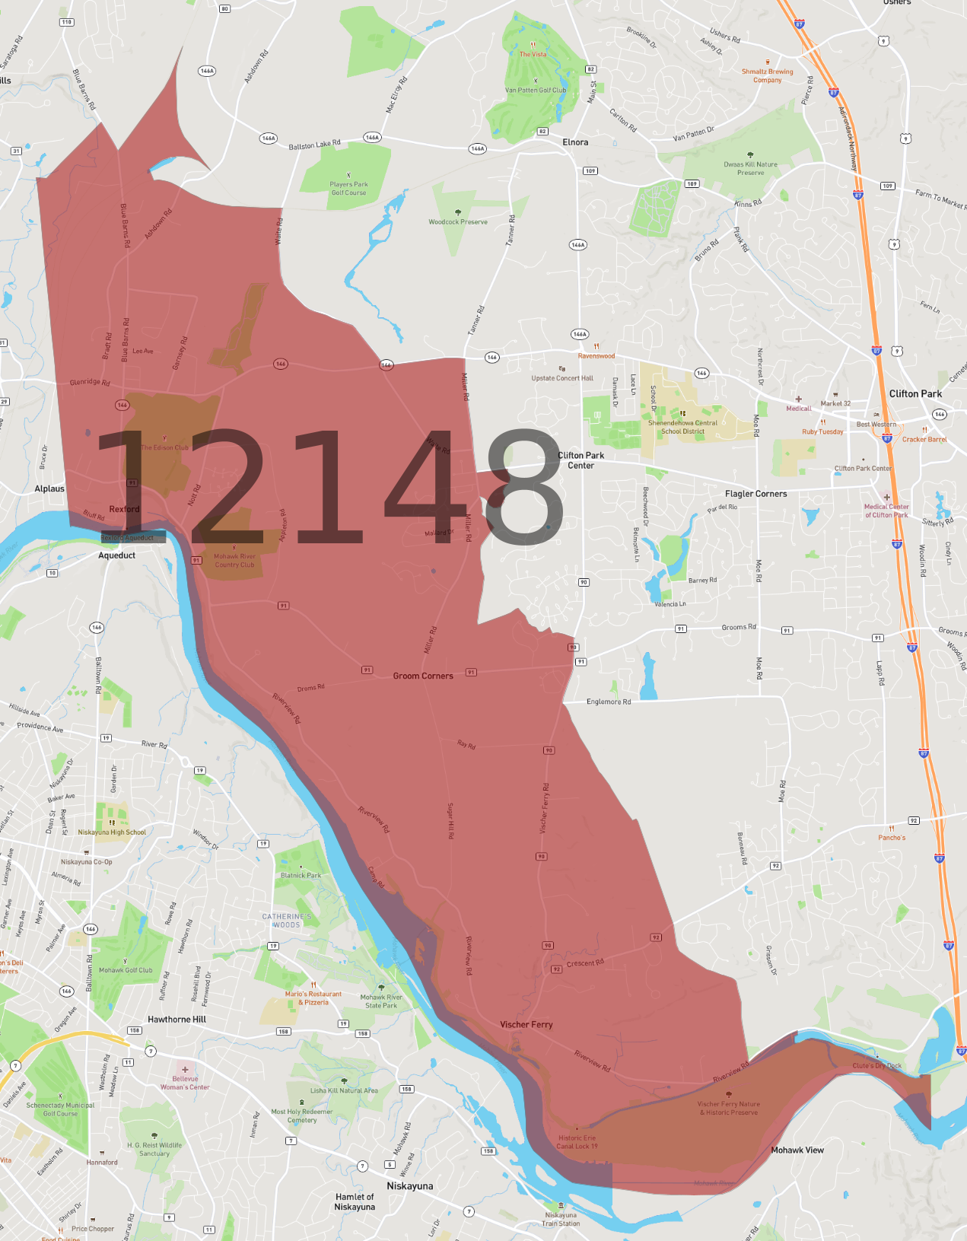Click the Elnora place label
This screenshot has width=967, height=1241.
pos(575,142)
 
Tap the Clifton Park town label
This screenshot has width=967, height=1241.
pos(915,393)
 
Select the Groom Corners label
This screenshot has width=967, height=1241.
pos(423,676)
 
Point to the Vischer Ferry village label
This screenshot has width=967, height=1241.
pos(526,1024)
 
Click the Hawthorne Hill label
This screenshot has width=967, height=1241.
pos(177,1019)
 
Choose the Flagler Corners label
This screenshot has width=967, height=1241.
pos(755,494)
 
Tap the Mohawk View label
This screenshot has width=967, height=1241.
pos(797,1150)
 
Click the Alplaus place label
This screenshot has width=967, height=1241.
pos(49,488)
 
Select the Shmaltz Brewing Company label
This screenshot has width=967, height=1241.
pos(767,75)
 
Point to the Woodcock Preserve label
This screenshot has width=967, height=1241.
pos(458,221)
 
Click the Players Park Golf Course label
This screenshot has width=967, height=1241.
pos(348,188)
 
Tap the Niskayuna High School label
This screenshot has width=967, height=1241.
pos(112,832)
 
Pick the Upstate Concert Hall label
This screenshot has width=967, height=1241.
pos(562,377)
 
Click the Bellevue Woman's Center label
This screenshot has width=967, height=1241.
pos(185,1082)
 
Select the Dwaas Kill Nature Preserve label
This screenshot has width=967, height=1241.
pos(750,168)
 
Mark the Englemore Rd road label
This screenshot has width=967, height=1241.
pos(609,702)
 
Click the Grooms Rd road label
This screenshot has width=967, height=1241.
pos(739,627)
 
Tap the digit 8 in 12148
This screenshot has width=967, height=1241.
pos(524,487)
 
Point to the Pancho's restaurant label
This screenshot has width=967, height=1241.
pos(892,837)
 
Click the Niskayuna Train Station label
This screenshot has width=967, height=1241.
pos(561,1219)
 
